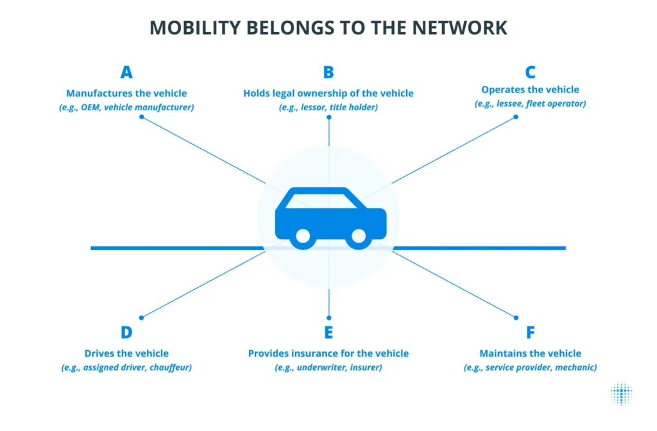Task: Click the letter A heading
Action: [126, 72]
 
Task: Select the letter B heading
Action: [328, 72]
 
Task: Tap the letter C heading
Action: [530, 72]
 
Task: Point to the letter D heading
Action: [126, 332]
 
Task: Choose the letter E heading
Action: [328, 332]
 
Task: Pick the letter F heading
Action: [531, 332]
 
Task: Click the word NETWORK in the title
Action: [459, 28]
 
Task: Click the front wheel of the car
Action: [359, 237]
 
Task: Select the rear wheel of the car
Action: [303, 237]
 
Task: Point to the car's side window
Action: [321, 201]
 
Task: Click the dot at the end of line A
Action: [142, 117]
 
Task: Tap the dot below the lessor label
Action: [329, 117]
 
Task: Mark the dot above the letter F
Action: [516, 318]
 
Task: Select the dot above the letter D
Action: [142, 318]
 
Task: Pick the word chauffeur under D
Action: [171, 368]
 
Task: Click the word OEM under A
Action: [90, 107]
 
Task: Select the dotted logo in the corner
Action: [621, 394]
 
